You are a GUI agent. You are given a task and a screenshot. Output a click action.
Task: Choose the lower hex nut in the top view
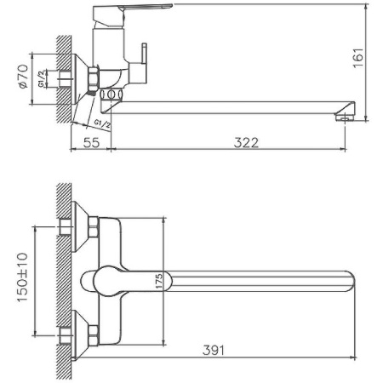coord(94,332)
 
